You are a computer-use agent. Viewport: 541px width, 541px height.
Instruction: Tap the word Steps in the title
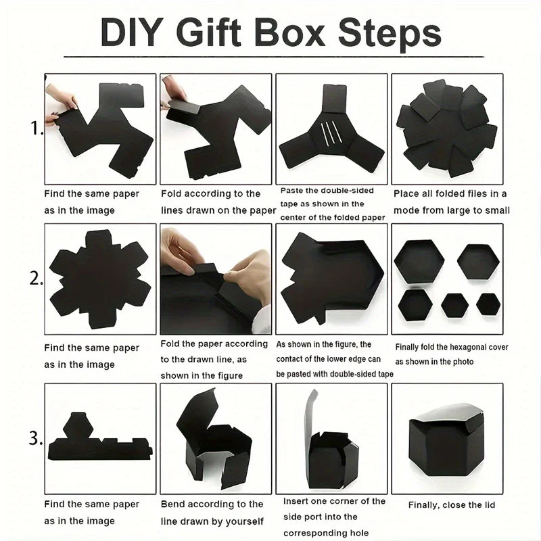coord(388,32)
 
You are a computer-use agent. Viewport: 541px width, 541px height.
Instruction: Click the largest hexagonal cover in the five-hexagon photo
coord(419,262)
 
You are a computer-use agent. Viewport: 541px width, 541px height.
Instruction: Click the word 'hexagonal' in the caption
coord(465,348)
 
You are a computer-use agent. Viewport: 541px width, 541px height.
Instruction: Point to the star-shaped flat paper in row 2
coord(99,278)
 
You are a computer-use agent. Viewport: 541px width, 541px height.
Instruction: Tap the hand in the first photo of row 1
coord(61,98)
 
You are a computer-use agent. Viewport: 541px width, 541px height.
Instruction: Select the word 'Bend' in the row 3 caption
coord(174,504)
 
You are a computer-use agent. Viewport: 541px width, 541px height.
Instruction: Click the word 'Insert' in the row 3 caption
coord(297,501)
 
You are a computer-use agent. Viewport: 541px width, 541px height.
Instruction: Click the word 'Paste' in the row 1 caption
coord(291,191)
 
